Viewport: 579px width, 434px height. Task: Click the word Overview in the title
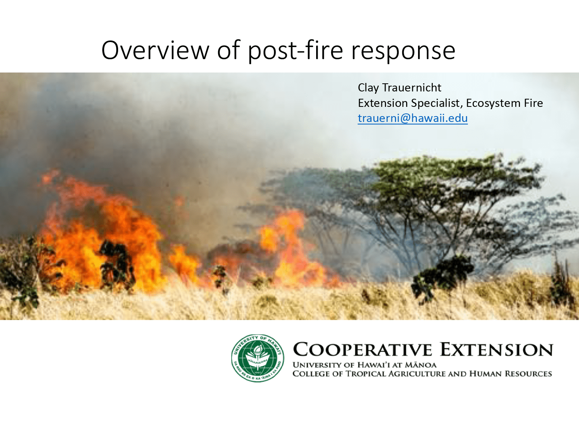[155, 50]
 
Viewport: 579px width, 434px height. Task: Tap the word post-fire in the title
[295, 51]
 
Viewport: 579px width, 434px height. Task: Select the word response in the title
[403, 51]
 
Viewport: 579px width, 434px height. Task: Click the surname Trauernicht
[411, 88]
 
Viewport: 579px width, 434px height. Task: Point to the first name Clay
[368, 88]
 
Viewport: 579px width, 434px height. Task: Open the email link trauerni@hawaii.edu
[413, 118]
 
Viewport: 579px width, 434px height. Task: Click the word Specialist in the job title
[437, 103]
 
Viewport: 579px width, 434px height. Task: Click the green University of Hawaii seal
[257, 358]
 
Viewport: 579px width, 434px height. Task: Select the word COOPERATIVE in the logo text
[362, 350]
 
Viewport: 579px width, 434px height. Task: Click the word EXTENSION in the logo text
[497, 350]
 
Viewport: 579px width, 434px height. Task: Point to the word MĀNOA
[420, 365]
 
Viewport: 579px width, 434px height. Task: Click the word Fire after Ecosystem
[533, 103]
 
